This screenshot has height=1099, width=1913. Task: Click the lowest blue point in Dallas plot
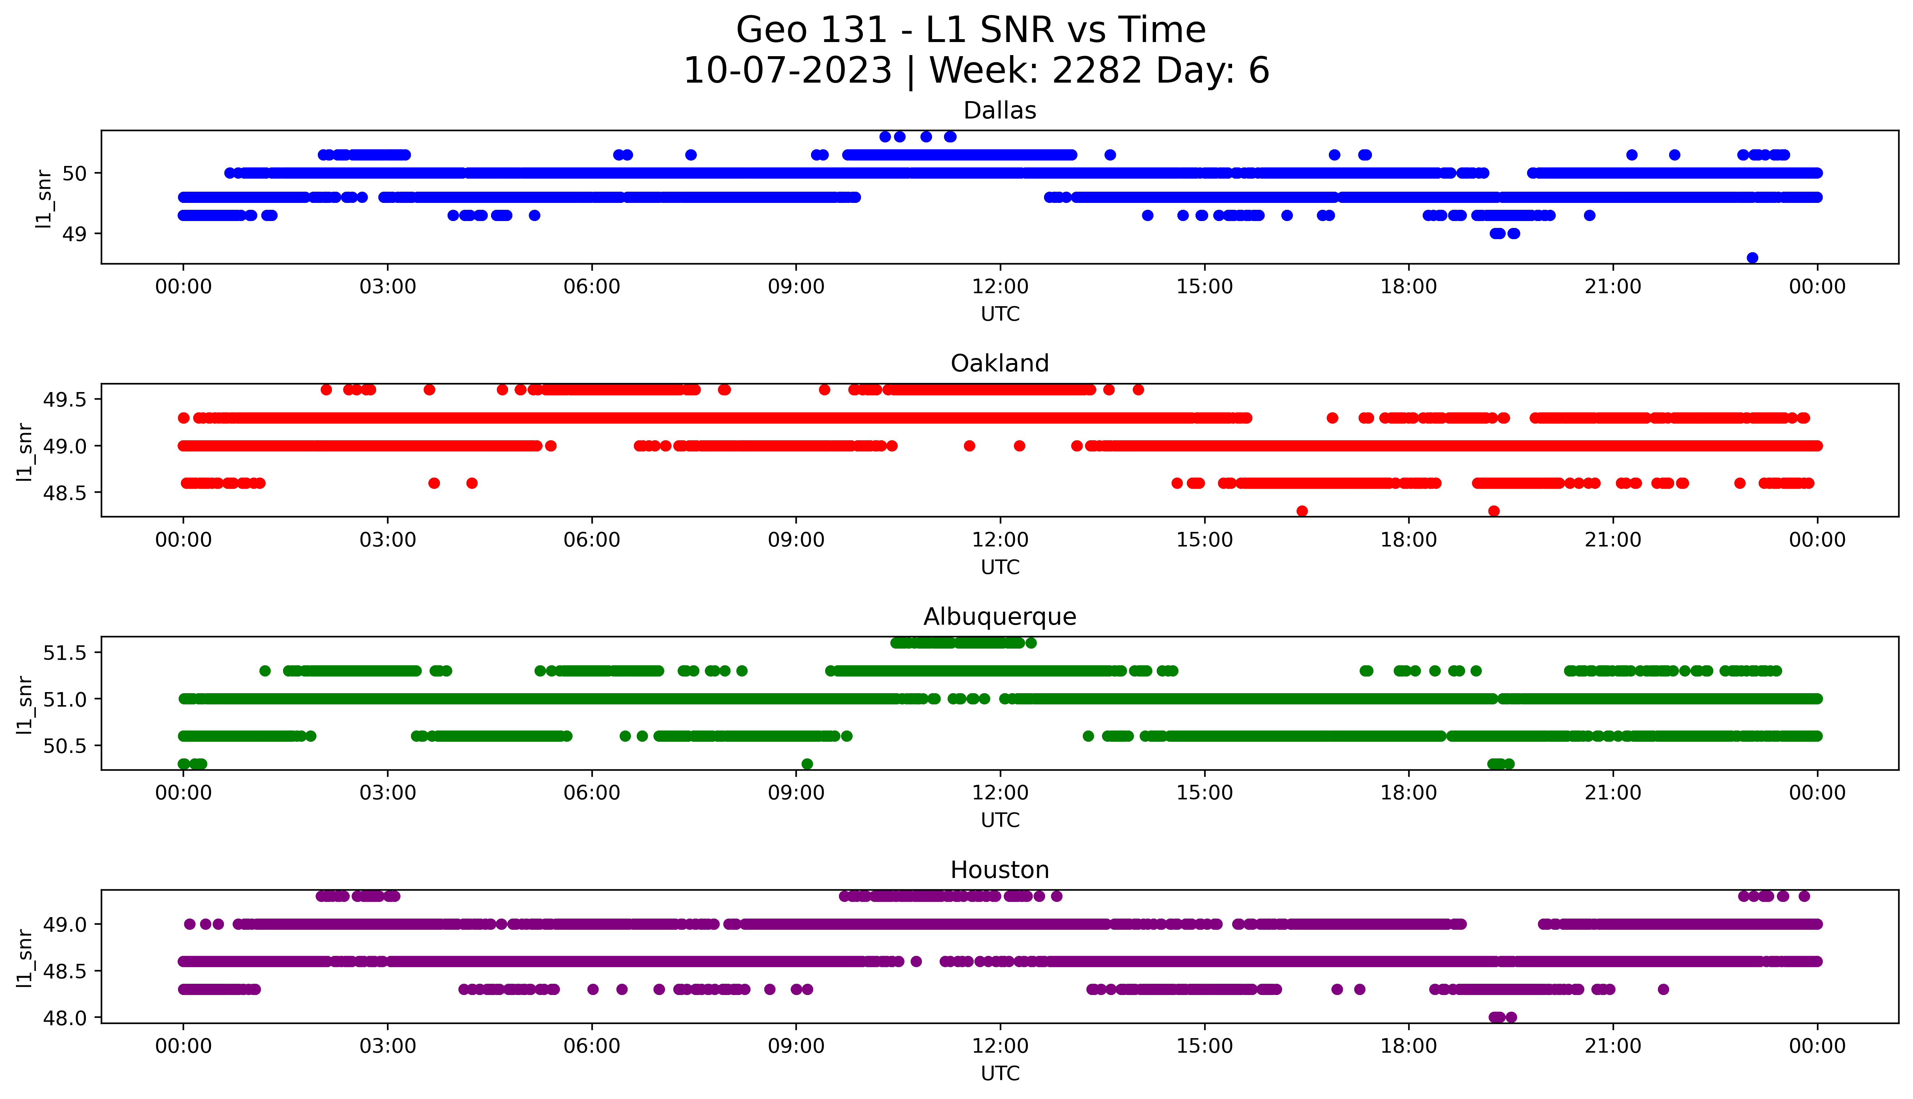click(1752, 257)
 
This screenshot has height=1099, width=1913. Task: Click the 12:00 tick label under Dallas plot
click(1000, 287)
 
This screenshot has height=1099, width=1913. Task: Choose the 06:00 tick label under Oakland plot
click(592, 540)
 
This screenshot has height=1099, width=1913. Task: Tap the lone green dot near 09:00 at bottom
click(807, 764)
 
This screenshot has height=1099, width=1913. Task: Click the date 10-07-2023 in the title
click(787, 71)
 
